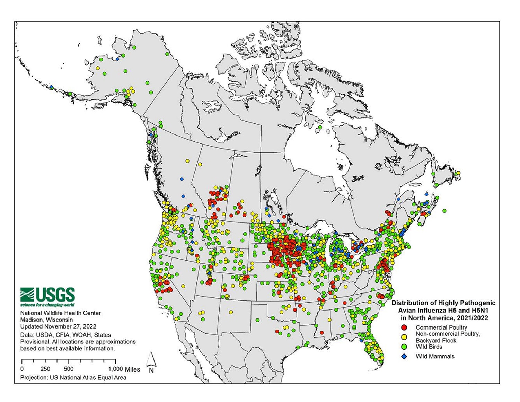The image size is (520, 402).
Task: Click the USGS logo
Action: [47, 295]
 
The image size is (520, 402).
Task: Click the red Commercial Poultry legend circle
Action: [404, 327]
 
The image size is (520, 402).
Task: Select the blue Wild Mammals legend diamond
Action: [404, 356]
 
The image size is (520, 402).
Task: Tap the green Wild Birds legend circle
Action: [404, 347]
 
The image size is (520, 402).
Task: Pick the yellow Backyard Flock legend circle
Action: [404, 337]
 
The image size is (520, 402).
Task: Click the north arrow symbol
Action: [151, 362]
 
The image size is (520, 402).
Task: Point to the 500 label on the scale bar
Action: [69, 369]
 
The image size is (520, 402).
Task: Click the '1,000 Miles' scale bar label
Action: [124, 369]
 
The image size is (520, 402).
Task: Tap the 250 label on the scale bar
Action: [45, 369]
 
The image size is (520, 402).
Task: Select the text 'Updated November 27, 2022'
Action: [58, 326]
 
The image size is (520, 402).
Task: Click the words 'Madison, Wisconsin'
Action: [46, 320]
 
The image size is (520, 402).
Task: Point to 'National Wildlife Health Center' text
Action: [61, 313]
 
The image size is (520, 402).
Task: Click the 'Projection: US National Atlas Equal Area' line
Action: [73, 377]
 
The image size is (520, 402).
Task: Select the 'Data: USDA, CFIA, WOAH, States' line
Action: [65, 335]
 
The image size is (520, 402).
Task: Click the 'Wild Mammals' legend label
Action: [435, 356]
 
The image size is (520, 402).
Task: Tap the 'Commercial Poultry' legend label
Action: [441, 327]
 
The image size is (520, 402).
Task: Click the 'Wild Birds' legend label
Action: [429, 347]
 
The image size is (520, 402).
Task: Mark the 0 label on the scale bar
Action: [22, 369]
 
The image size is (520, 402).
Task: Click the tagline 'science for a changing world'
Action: [47, 305]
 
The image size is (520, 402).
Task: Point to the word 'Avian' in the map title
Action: [406, 310]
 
